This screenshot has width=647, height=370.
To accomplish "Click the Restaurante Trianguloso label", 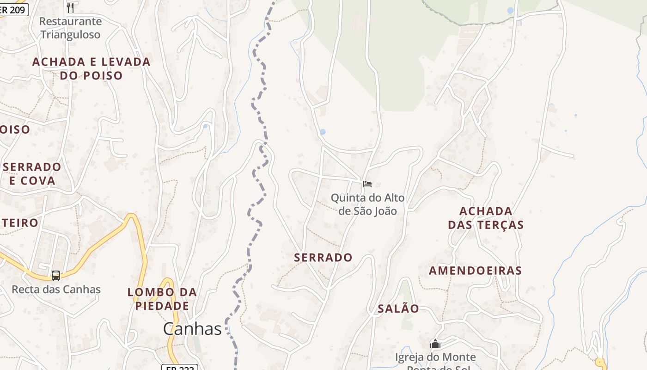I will tap(70, 28).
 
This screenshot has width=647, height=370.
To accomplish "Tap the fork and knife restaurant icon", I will tap(70, 7).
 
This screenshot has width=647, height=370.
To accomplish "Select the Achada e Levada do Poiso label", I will tap(91, 68).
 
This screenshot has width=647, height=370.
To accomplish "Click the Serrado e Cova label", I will tap(32, 173).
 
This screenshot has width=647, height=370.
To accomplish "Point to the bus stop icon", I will tap(56, 276).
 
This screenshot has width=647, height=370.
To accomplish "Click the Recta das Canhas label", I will tap(56, 290).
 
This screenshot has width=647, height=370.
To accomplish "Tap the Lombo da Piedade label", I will tap(162, 299).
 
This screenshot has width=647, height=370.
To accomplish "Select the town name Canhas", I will tap(192, 329).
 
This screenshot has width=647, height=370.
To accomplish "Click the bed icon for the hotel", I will tap(367, 184).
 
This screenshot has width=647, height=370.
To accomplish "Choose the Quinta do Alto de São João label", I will tap(367, 204).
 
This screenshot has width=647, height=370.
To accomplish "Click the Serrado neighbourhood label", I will tap(323, 258).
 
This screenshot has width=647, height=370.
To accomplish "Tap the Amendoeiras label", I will tap(475, 271).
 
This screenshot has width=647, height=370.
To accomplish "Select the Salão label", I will tap(398, 308).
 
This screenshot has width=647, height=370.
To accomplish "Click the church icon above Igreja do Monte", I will tap(435, 344).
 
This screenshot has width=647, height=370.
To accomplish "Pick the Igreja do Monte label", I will tap(435, 358).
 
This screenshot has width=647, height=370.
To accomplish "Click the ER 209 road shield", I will tap(14, 9).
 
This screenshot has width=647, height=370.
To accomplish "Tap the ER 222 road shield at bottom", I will tap(180, 367).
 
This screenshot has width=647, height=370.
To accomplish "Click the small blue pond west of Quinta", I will tap(323, 132).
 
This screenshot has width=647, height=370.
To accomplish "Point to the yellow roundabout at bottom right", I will tap(600, 362).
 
